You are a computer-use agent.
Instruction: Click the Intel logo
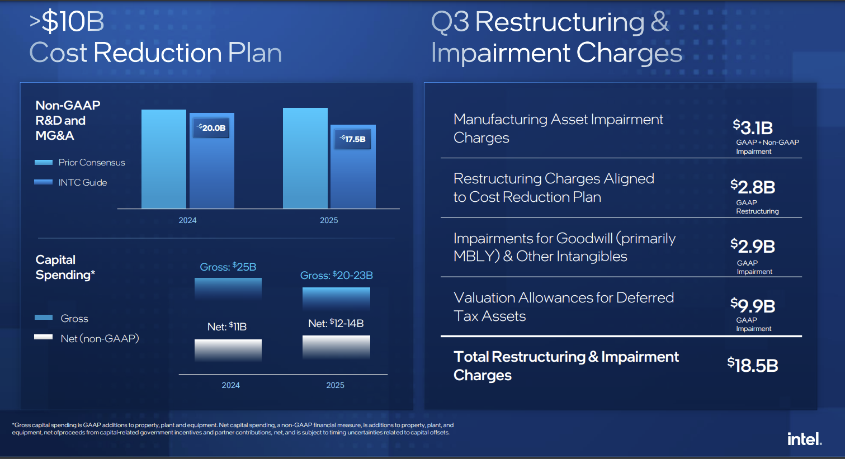pos(804,439)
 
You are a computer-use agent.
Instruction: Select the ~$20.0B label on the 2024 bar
pos(211,128)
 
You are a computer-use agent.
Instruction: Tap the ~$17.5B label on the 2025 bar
pos(353,139)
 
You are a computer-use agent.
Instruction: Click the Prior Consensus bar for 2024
pos(163,159)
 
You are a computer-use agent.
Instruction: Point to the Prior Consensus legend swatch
pos(44,163)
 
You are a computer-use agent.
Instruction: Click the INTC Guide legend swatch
pos(44,182)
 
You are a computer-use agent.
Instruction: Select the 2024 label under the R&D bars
pos(187,220)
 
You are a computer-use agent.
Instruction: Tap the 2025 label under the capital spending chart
pos(335,385)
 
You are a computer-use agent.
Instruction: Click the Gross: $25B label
pos(228,267)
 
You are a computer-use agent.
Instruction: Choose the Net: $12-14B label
pos(336,324)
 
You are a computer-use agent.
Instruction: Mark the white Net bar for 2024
pos(228,350)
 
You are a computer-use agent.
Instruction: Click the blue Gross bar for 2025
pos(336,298)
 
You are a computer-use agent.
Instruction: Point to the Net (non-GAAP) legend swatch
pos(44,337)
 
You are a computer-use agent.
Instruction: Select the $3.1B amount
pos(753,128)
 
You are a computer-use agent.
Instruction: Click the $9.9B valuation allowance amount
pos(753,306)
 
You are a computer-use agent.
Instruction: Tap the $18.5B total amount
pos(753,366)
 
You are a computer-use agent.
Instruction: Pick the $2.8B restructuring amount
pos(753,187)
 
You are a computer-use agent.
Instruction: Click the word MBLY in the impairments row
pos(469,257)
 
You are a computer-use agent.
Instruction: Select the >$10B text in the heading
pos(67,22)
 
